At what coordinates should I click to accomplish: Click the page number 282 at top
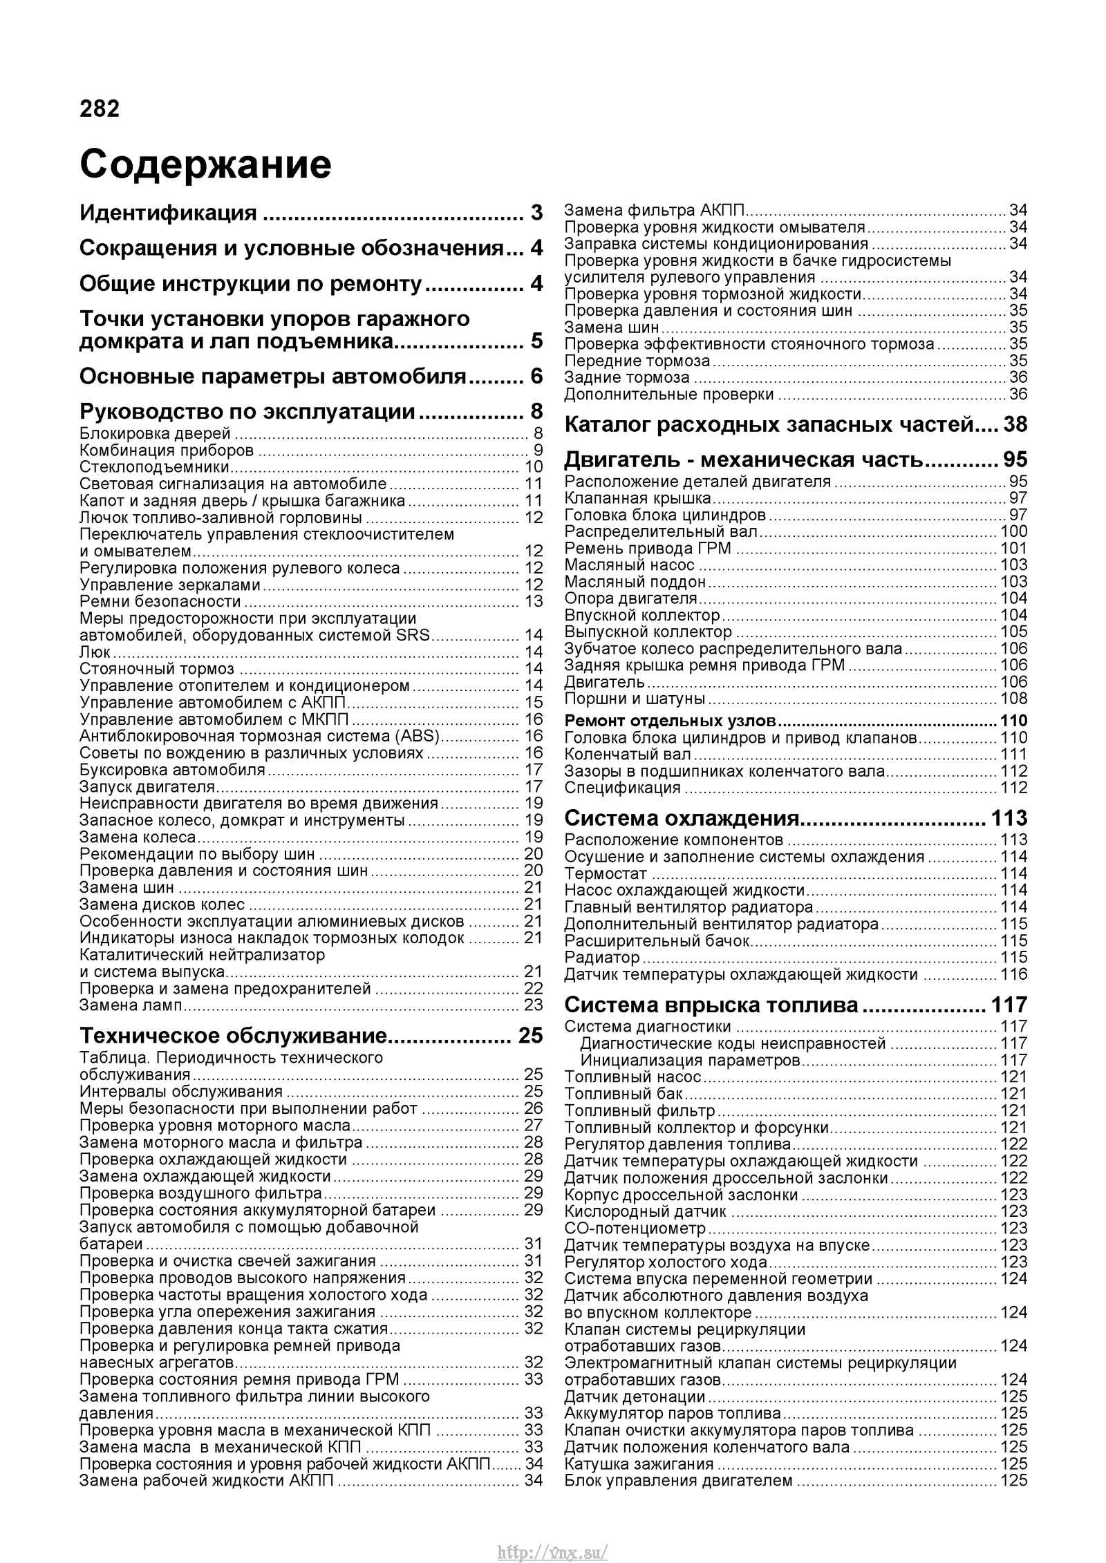point(100,109)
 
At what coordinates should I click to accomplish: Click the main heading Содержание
point(205,165)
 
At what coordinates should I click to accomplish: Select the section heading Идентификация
point(168,212)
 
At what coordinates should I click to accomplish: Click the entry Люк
point(95,652)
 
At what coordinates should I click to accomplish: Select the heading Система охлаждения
point(682,818)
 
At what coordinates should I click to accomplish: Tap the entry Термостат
point(606,873)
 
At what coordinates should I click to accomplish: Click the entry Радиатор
point(602,957)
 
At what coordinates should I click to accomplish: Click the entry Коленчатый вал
point(627,755)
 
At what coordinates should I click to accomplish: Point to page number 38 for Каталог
point(1015,424)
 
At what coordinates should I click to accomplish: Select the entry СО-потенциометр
point(635,1229)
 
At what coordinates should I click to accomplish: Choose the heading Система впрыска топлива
point(711,1004)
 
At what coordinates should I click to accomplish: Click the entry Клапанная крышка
point(637,498)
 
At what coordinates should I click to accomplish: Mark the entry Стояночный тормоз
point(157,668)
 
